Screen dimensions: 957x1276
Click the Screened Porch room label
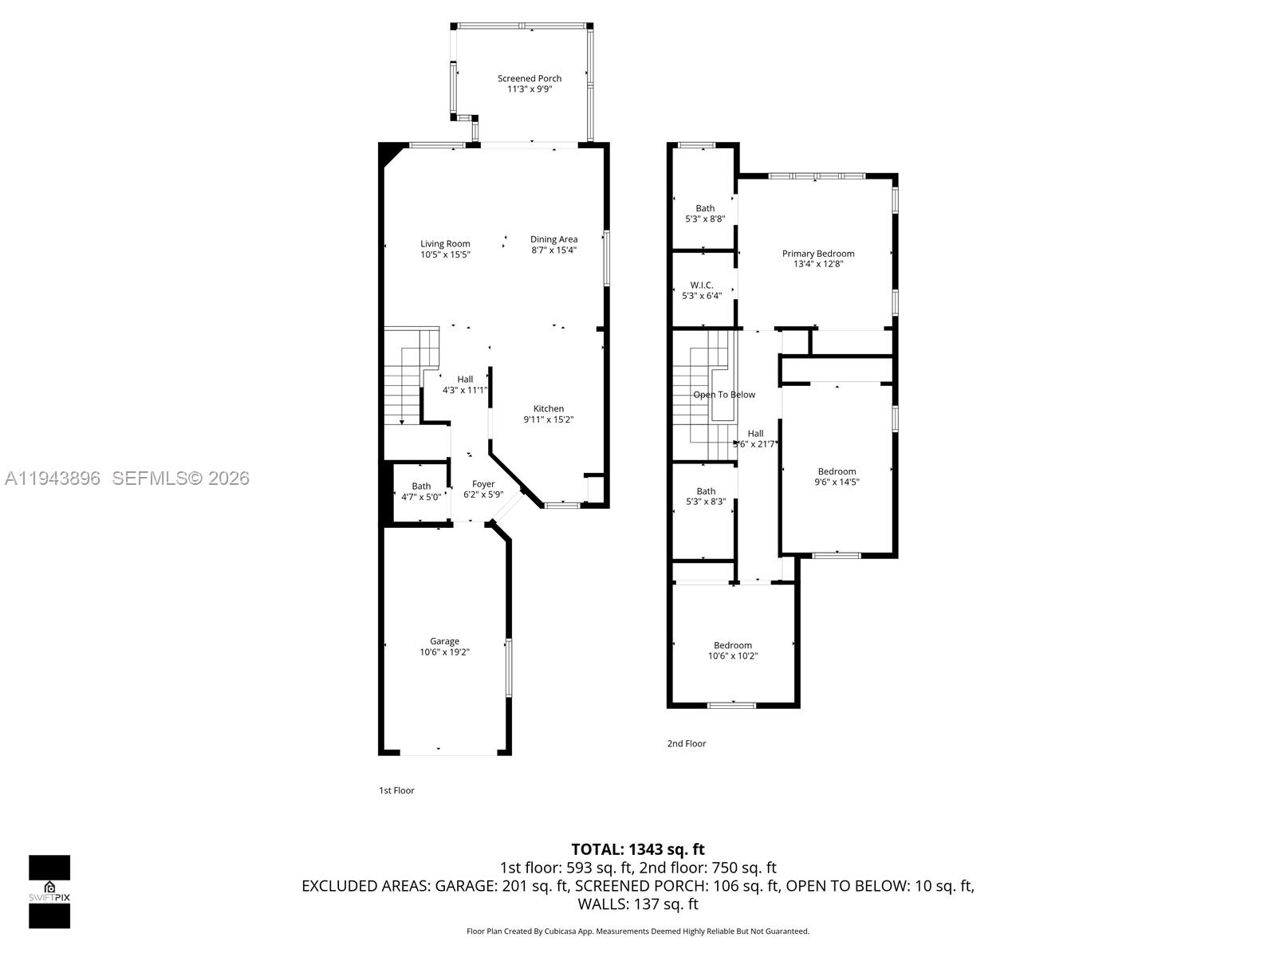pos(530,78)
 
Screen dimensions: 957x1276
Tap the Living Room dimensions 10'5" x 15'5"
pos(445,255)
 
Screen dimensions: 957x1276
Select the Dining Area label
pos(553,239)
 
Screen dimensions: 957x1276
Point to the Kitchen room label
pos(549,408)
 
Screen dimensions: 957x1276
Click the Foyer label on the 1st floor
pos(483,484)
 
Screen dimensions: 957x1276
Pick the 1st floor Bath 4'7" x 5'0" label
pos(421,491)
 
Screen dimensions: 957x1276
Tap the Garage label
pos(444,641)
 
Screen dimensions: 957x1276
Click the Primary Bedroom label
pos(817,254)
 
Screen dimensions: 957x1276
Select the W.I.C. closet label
pos(702,285)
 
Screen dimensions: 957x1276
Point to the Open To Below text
pos(723,395)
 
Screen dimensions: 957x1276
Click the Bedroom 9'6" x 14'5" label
pos(837,477)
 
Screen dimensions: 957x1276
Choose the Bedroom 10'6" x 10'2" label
pos(732,651)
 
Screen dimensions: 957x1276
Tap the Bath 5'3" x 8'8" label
pos(705,213)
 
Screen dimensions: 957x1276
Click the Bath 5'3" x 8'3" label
pos(706,496)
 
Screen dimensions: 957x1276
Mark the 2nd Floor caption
pos(686,743)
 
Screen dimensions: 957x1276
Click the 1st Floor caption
pos(396,790)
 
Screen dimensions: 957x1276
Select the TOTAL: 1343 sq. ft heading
pos(637,849)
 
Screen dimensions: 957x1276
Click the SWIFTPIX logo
pos(49,892)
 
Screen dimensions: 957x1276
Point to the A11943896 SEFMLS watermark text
pos(127,478)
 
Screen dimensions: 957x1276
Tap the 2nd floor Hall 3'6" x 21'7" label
pos(755,439)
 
